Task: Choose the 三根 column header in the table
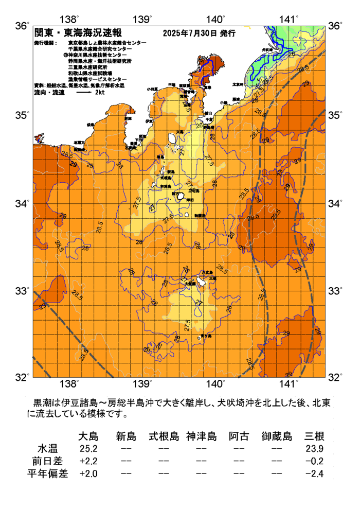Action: tap(314, 437)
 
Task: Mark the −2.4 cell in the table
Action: tap(314, 473)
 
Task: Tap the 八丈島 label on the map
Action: tap(207, 272)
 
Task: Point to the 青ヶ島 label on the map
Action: tap(205, 336)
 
